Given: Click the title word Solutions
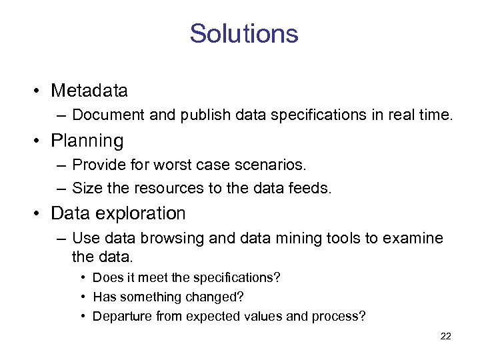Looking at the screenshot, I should tap(243, 33).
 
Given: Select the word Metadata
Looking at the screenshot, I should tap(89, 90).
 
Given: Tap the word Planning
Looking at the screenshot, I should tap(87, 141).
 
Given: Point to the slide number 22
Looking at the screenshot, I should tap(446, 336).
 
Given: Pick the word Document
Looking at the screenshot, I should tap(108, 115).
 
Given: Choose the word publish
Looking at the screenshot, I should tap(201, 115).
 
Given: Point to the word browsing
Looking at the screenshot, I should tap(177, 238).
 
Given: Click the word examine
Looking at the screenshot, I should tap(415, 238).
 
